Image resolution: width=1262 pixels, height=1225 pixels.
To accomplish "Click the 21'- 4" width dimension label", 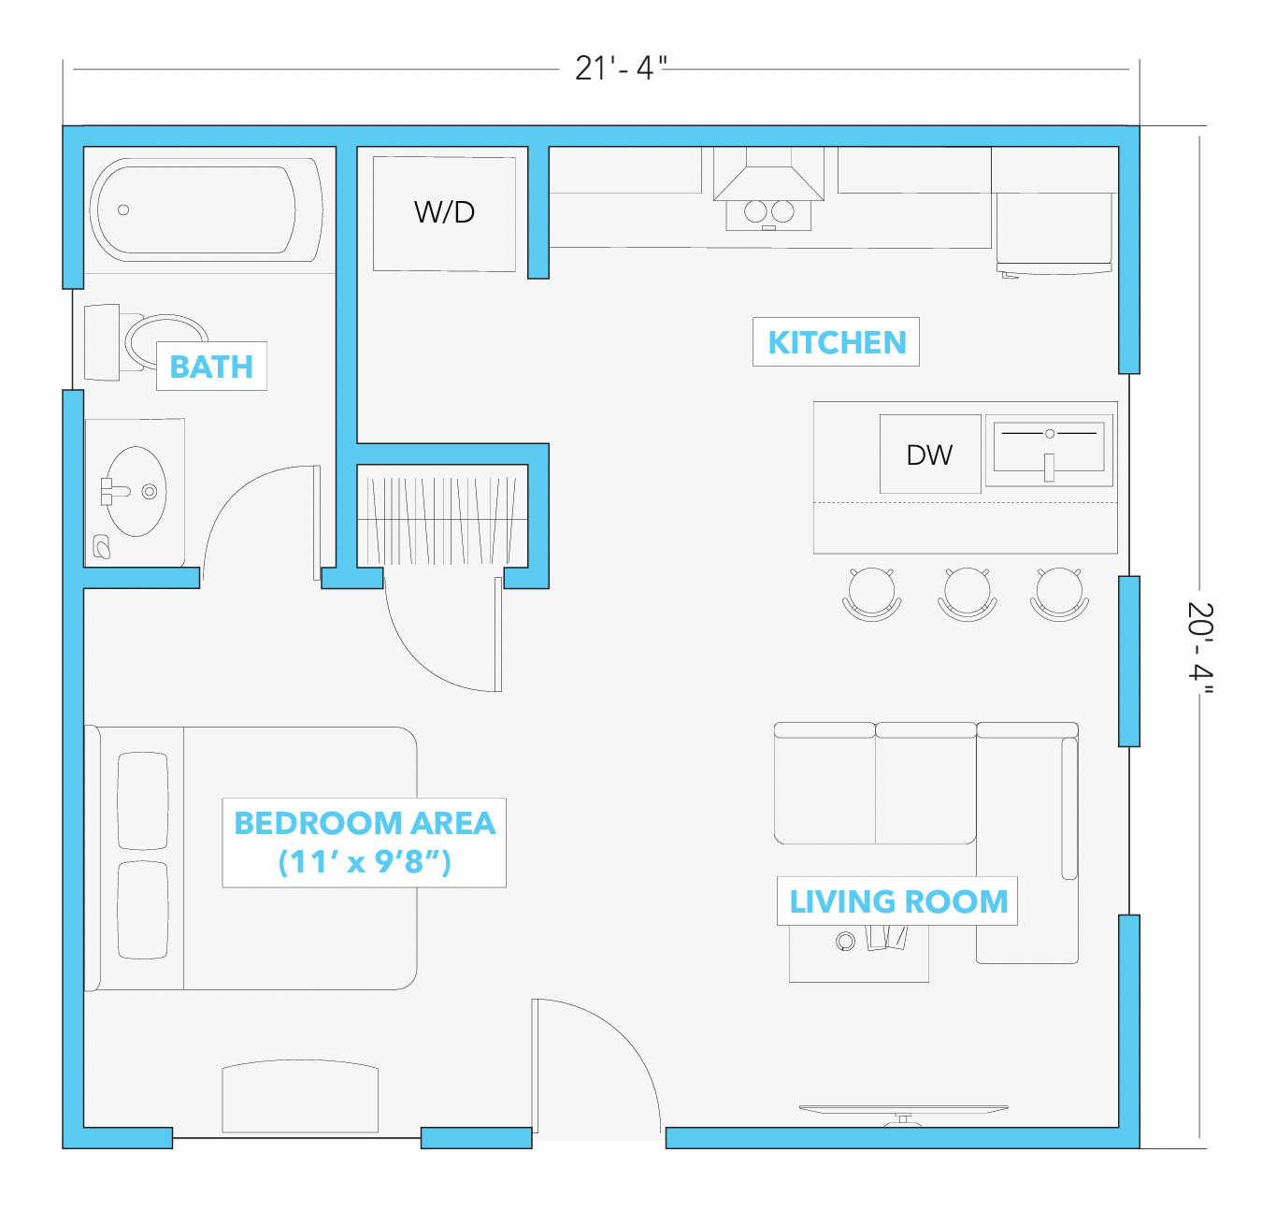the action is click(620, 68).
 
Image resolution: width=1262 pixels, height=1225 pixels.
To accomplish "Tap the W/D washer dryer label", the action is click(444, 212).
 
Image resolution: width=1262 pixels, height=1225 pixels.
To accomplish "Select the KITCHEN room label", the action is click(836, 342).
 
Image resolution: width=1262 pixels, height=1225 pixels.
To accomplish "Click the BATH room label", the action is click(211, 367).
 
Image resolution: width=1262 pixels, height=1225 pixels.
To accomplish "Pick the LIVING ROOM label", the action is click(898, 901).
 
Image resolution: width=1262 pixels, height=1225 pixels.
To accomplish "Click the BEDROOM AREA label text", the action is click(365, 823).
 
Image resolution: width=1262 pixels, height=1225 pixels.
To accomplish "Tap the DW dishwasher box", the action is click(930, 454).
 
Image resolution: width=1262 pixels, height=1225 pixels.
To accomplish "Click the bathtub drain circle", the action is click(123, 209).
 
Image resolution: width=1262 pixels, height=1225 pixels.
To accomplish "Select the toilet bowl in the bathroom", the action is click(165, 342).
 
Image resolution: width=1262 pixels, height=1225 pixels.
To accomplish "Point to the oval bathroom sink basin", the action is click(136, 491).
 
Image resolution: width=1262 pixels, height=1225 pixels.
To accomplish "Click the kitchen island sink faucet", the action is click(1049, 468).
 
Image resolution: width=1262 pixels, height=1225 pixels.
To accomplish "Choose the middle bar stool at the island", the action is click(967, 594).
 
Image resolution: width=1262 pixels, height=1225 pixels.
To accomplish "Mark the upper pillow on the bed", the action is click(143, 800).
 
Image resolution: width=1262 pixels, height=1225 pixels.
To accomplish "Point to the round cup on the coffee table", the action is click(845, 941).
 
